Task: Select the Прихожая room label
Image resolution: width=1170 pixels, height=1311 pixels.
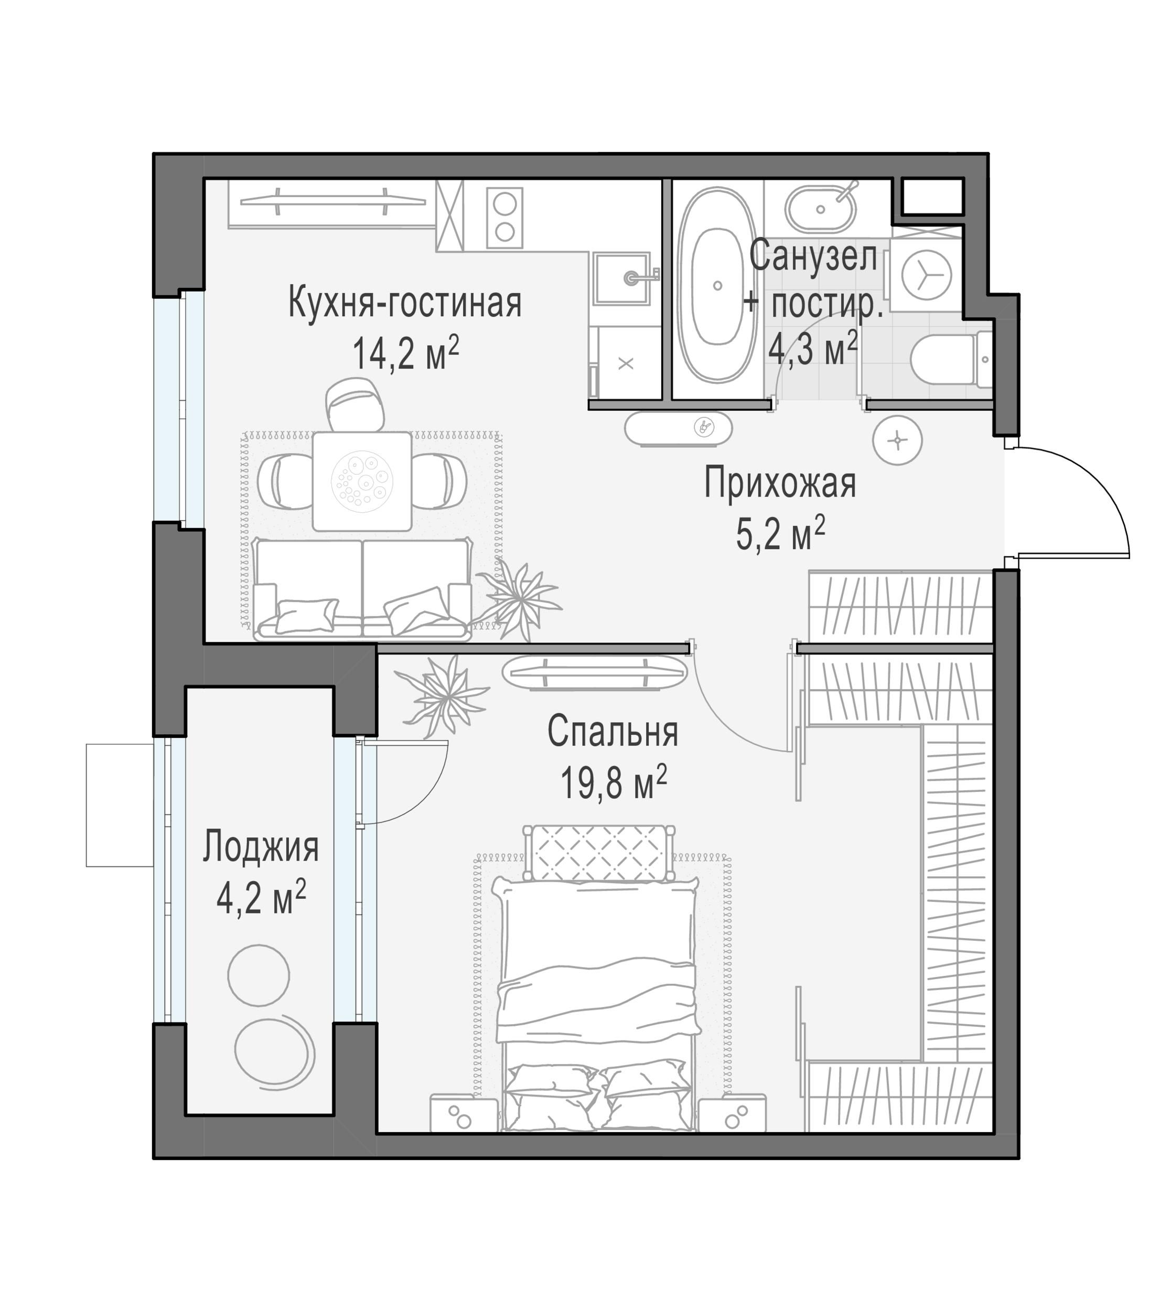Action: point(779,483)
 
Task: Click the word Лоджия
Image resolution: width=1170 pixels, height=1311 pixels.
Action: point(260,847)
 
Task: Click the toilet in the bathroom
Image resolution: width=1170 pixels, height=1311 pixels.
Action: point(951,360)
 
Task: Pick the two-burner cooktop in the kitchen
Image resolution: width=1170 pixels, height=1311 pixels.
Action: point(505,218)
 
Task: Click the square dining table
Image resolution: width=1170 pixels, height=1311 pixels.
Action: point(362,481)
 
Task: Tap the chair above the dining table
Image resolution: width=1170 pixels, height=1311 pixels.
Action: point(356,404)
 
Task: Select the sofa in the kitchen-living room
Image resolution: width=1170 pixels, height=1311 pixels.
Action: point(362,590)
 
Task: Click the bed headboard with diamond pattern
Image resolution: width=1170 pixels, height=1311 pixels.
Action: point(598,853)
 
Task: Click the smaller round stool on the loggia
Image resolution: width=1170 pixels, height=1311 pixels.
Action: point(259,975)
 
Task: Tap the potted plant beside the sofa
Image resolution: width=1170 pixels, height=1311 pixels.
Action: point(519,599)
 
